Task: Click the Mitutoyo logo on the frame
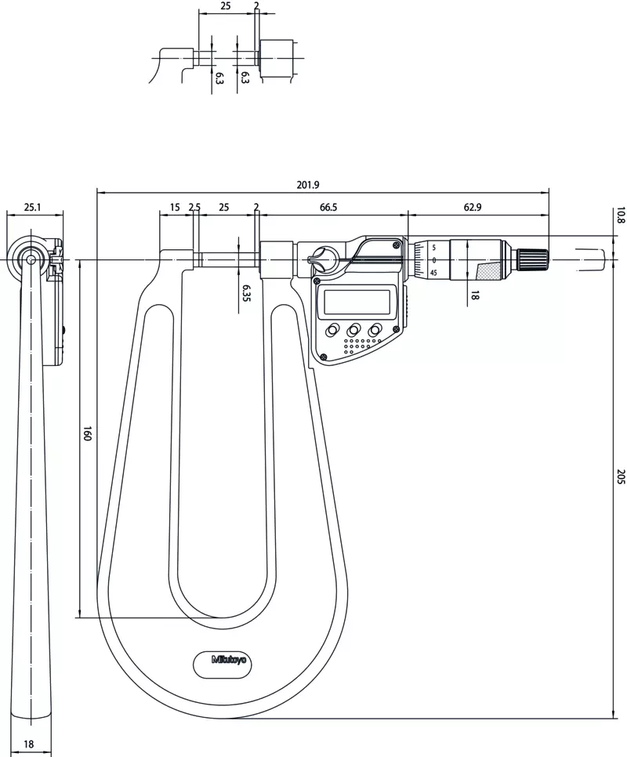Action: pos(229,659)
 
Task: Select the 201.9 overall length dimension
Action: pos(308,185)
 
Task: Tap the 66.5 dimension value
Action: pos(328,207)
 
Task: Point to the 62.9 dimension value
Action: pos(473,207)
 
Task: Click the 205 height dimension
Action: pos(621,476)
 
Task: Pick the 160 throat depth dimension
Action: pos(87,433)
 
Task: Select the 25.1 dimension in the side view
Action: pos(33,208)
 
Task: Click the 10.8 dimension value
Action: pos(621,215)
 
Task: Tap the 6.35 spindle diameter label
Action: pos(246,293)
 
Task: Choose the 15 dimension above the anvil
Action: pos(176,207)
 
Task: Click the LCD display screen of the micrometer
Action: pos(357,302)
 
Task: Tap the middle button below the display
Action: pos(353,330)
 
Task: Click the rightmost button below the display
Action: pos(374,330)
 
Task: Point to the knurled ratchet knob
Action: pos(533,259)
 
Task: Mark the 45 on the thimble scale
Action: pos(433,273)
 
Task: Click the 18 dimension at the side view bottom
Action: pos(28,744)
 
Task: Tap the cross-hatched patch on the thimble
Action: pos(487,270)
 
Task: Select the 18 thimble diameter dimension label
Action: pos(474,295)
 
